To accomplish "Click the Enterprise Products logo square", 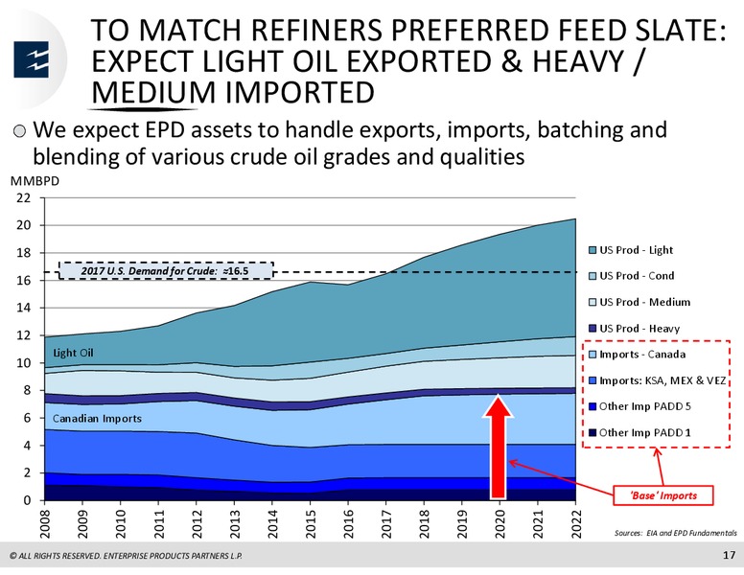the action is coord(32,59).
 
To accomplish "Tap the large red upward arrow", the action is coord(498,447).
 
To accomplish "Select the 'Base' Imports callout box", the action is coord(663,495).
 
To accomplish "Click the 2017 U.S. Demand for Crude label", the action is coord(166,271).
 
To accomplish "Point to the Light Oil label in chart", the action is coord(73,353).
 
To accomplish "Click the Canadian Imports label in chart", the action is coord(97,419).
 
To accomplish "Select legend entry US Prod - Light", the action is coord(631,250).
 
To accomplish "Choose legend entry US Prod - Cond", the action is coord(632,276).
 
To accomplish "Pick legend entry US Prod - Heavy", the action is coord(635,329).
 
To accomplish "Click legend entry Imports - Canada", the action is coord(638,355).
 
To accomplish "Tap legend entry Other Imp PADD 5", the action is coord(640,406).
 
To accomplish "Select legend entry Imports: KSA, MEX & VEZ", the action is coord(657,380).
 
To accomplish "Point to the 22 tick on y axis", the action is coord(23,198).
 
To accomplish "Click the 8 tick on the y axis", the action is coord(27,390).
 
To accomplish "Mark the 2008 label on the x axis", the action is coord(45,523).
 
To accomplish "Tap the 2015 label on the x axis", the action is coord(311,523).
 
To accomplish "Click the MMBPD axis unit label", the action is coord(35,181).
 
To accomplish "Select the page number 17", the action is coord(730,555).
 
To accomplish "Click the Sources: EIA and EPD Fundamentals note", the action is coord(676,533).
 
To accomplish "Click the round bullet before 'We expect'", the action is coord(20,131).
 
